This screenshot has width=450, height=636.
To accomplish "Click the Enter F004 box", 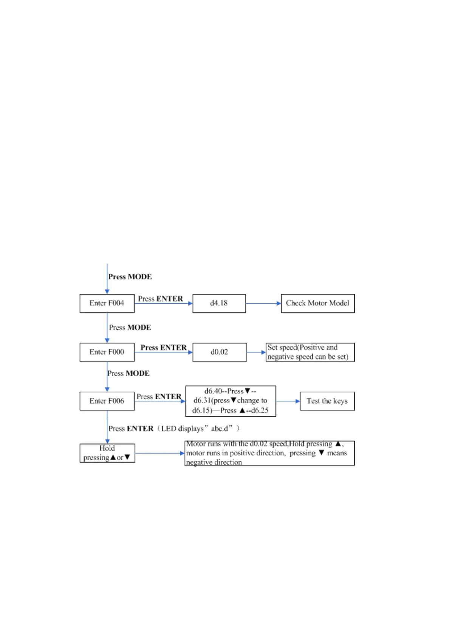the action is [x=107, y=303].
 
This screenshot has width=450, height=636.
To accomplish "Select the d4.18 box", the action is [x=219, y=303].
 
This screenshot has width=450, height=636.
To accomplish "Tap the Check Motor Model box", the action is [x=317, y=303].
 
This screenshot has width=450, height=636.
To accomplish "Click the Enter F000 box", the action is [x=107, y=352].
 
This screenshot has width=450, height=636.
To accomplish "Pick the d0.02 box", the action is [x=219, y=352].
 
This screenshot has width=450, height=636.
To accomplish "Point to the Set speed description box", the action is [x=310, y=352].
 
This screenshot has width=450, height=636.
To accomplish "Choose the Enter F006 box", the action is [x=107, y=401].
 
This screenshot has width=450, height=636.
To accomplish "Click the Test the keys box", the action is [x=327, y=401].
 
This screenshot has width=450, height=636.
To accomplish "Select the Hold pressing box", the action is [x=107, y=453].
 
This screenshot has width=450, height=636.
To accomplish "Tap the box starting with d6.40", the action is [x=230, y=401].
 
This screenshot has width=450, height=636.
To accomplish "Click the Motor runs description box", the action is [x=269, y=453].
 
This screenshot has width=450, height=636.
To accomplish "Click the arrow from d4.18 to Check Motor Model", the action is [x=263, y=303].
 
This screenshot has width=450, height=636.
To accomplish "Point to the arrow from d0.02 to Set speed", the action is [x=256, y=352].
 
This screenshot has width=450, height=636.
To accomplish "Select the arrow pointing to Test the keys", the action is [x=288, y=401].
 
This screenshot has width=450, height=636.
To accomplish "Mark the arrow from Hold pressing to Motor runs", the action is [x=159, y=453].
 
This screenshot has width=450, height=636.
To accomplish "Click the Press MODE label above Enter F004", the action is [x=130, y=277].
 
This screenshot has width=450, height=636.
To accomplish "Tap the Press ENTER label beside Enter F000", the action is [x=164, y=347].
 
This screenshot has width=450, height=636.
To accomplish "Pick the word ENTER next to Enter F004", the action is [x=170, y=299].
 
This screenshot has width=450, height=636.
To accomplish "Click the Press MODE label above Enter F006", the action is [x=128, y=373].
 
